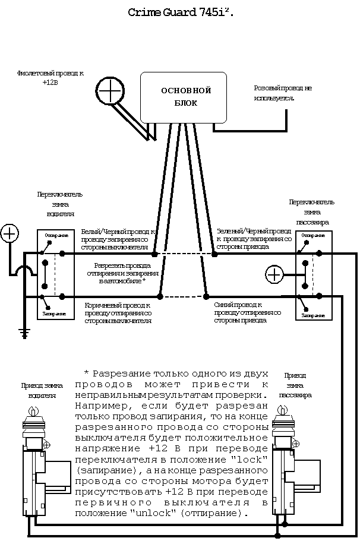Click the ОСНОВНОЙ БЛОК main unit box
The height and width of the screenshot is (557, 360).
pos(184,97)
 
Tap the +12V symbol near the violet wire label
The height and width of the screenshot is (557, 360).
pos(110,90)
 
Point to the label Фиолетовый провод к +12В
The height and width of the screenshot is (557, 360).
pos(50,78)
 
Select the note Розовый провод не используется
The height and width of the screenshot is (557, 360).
pos(282,92)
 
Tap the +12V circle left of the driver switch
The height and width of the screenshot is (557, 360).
pos(10,233)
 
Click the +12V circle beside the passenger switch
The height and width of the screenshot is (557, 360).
pos(274,274)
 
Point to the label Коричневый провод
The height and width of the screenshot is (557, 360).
pos(118,312)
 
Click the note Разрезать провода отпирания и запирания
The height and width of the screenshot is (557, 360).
pos(122,273)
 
